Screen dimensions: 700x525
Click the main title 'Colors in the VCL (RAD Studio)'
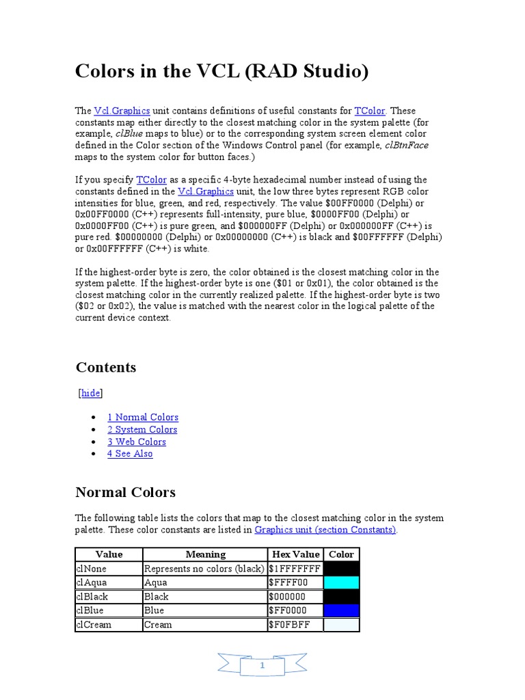221,71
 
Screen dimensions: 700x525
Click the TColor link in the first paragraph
370,111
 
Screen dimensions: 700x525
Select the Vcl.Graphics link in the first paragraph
122,111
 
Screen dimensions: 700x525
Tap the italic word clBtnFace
407,146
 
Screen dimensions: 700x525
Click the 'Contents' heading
106,368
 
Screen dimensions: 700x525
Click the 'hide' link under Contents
91,393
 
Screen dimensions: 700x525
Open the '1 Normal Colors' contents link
143,418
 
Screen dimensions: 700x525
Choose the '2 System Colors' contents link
142,430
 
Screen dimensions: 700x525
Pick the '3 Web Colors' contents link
137,442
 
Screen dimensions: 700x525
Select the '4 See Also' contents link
130,454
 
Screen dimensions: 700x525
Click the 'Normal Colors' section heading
125,492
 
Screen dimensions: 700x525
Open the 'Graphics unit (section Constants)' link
325,530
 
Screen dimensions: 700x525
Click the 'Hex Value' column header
295,554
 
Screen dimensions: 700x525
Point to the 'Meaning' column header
205,554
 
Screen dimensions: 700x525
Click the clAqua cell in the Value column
92,583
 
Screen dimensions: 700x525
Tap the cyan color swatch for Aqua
341,583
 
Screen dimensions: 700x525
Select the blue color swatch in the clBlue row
341,610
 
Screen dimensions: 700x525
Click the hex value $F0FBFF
288,625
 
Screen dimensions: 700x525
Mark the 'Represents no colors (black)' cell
204,569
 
